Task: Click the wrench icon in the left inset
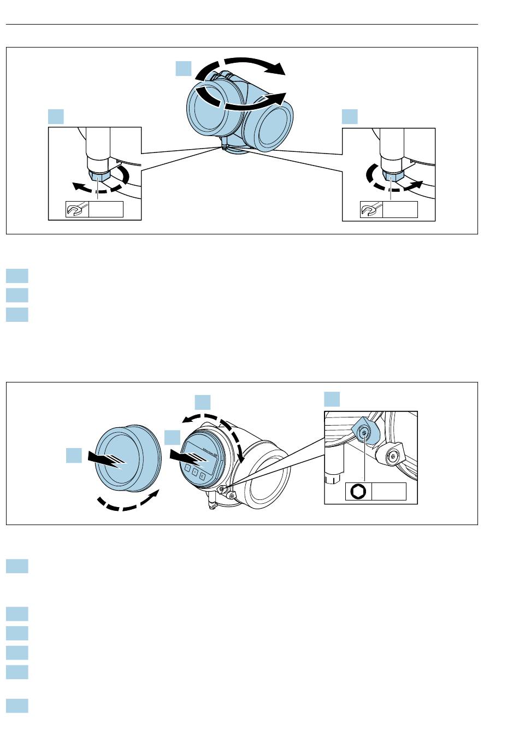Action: pyautogui.click(x=74, y=209)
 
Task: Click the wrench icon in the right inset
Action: pyautogui.click(x=369, y=209)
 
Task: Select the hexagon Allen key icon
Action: pyautogui.click(x=358, y=491)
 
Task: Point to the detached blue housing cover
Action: pyautogui.click(x=128, y=462)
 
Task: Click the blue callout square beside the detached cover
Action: pyautogui.click(x=74, y=455)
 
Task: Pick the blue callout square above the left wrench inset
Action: pyautogui.click(x=56, y=116)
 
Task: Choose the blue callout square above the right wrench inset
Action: pyautogui.click(x=350, y=116)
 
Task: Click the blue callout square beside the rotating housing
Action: pyautogui.click(x=183, y=69)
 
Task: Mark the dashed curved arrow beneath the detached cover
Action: pyautogui.click(x=129, y=503)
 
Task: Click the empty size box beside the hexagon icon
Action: pyautogui.click(x=389, y=491)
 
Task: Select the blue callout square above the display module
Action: pyautogui.click(x=203, y=402)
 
